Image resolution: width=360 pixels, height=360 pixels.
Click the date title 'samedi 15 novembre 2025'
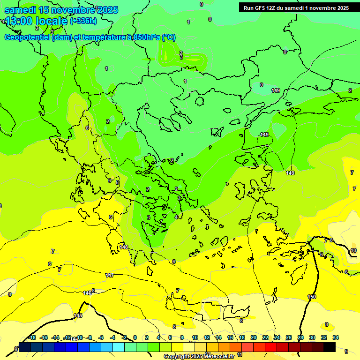(x=61, y=10)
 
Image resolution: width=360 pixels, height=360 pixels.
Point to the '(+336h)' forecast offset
(x=83, y=21)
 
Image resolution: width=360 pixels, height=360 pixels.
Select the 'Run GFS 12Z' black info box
(x=296, y=7)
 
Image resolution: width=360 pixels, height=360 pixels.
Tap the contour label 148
(x=124, y=247)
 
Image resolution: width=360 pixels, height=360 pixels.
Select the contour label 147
(x=110, y=275)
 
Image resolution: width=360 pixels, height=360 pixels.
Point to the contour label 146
(x=87, y=293)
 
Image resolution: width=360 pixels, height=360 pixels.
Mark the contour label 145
(x=78, y=315)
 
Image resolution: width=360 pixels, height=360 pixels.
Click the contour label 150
(x=312, y=297)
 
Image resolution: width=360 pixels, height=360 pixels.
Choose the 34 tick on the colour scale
(x=336, y=337)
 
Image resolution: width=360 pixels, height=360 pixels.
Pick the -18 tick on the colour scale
(x=32, y=337)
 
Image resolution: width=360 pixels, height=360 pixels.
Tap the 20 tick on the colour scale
(x=254, y=337)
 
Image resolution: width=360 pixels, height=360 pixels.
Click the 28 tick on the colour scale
(x=300, y=337)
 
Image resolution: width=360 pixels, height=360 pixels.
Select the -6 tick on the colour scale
(x=101, y=337)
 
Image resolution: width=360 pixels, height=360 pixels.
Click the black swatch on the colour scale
(x=330, y=347)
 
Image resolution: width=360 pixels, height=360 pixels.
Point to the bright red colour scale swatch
(x=271, y=347)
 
